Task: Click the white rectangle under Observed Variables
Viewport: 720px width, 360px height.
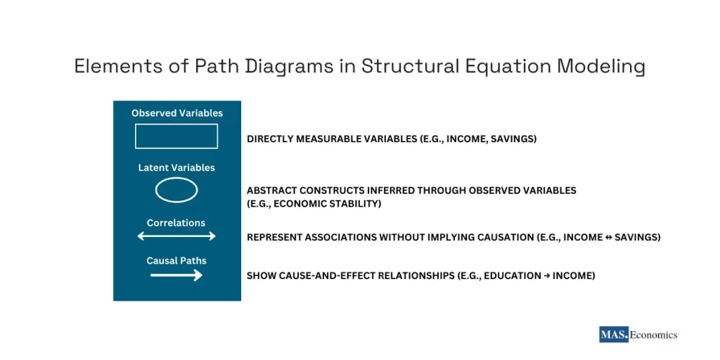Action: coord(176,136)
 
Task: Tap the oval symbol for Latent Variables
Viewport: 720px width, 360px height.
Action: coord(176,190)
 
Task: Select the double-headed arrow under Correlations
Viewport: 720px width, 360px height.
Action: coord(176,237)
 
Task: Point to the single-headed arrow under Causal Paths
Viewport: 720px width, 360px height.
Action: coord(176,276)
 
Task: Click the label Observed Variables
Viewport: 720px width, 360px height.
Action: coord(176,113)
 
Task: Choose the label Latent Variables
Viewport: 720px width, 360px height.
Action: coord(176,168)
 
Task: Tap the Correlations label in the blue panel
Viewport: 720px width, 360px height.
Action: coord(176,223)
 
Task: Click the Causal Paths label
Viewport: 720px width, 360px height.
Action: coord(176,261)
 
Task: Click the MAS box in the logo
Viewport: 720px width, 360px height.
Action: coord(613,335)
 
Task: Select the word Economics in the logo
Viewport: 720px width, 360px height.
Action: coord(653,335)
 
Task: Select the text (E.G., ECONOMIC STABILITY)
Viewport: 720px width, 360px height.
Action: coord(314,204)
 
